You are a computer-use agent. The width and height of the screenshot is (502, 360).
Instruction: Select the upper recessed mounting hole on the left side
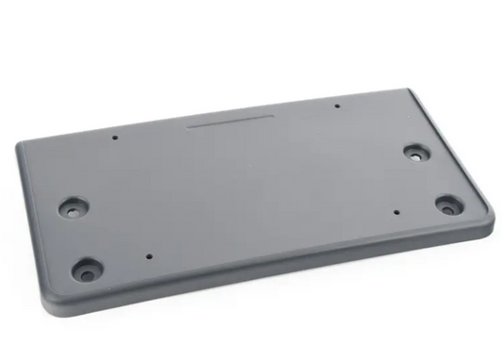tap(72, 208)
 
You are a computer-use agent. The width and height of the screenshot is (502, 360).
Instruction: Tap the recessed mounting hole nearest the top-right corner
tap(414, 151)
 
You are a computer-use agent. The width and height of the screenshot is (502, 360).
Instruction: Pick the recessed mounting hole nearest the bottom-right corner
tap(449, 204)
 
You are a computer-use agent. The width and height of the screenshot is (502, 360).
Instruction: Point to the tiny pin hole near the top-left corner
tap(115, 138)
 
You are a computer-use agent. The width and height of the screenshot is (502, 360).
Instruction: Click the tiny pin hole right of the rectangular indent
tap(337, 106)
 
